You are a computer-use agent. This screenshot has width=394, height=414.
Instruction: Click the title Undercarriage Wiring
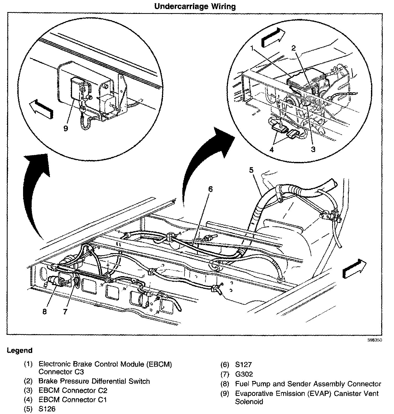(x=195, y=6)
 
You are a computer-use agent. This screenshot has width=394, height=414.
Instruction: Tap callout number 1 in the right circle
(x=252, y=48)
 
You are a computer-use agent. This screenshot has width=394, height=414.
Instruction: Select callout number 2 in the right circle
(x=293, y=48)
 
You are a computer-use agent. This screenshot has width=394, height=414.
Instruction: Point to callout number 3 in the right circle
(x=313, y=149)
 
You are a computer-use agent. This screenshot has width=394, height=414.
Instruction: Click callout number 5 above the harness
(x=251, y=170)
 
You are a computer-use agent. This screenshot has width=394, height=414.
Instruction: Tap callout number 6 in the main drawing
(x=211, y=189)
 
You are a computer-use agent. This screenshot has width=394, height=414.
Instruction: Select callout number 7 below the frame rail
(x=65, y=311)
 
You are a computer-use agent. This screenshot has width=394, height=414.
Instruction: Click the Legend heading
(x=20, y=350)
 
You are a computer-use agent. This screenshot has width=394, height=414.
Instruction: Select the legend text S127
(x=244, y=364)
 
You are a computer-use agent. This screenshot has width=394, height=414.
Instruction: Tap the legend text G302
(x=244, y=374)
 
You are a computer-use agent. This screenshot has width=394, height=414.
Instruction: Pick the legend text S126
(x=47, y=409)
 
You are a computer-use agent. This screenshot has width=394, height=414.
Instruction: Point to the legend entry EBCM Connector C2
(x=73, y=390)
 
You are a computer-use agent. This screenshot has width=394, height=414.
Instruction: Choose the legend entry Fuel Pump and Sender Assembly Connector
(x=308, y=384)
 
